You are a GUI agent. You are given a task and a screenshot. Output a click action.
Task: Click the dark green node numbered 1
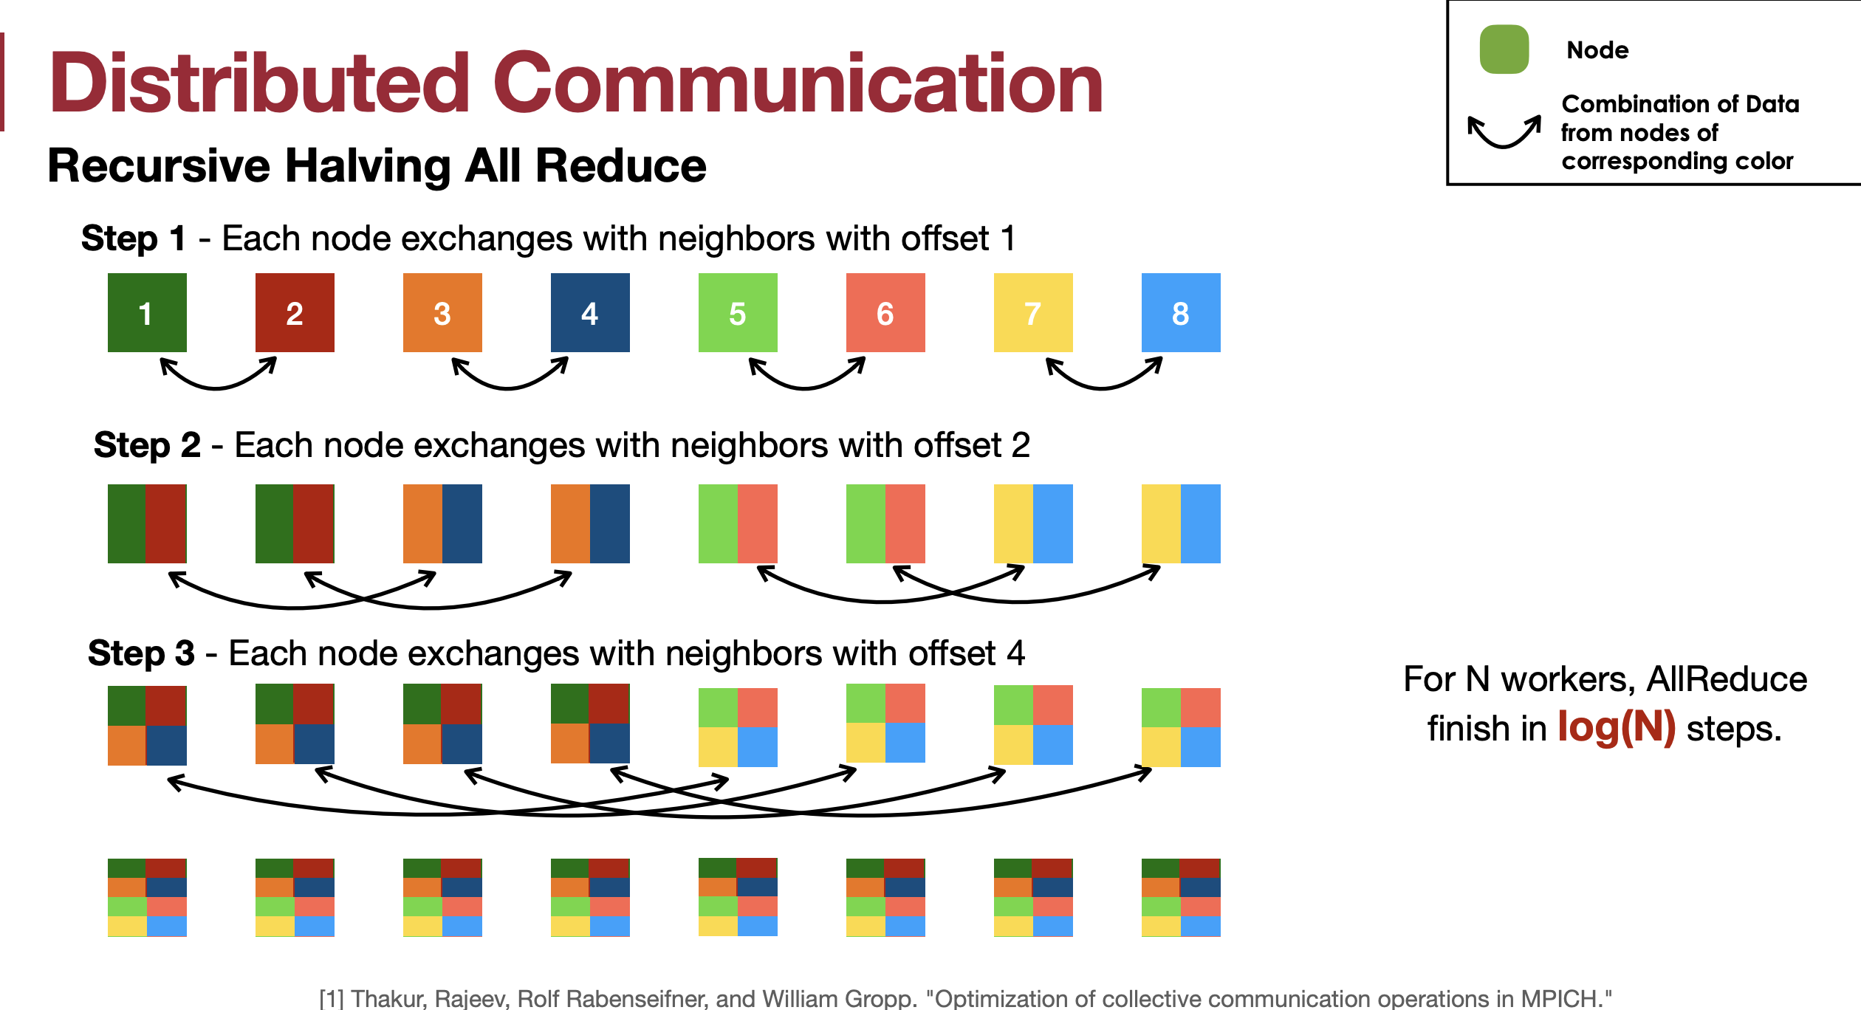tap(147, 312)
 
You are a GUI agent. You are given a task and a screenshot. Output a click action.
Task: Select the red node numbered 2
tap(295, 312)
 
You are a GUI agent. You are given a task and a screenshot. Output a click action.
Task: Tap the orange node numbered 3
tap(442, 312)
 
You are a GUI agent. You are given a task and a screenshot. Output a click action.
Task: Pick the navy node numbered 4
tap(590, 312)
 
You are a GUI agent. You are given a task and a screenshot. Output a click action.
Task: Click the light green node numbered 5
tap(738, 312)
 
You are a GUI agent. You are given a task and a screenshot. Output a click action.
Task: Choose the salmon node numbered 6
tap(885, 312)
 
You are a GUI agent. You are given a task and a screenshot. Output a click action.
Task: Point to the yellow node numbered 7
tap(1033, 312)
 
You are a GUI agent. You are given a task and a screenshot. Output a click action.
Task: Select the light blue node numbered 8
tap(1181, 312)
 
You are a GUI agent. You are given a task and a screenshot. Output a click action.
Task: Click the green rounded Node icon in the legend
tap(1504, 49)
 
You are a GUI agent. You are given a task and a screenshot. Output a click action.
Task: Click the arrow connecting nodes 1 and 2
tap(218, 388)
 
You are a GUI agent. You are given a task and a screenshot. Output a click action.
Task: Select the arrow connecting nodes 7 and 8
tap(1104, 388)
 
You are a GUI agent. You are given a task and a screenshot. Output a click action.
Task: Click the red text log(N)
tap(1617, 727)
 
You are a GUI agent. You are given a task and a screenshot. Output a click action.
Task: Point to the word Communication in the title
tap(798, 83)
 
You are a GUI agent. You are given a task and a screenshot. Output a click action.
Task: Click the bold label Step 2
tap(148, 445)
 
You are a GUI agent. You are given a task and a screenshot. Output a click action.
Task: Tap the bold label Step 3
tap(142, 653)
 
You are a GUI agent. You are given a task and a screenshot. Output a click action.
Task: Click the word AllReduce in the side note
tap(1727, 679)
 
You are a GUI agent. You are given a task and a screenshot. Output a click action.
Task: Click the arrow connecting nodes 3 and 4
tap(510, 388)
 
